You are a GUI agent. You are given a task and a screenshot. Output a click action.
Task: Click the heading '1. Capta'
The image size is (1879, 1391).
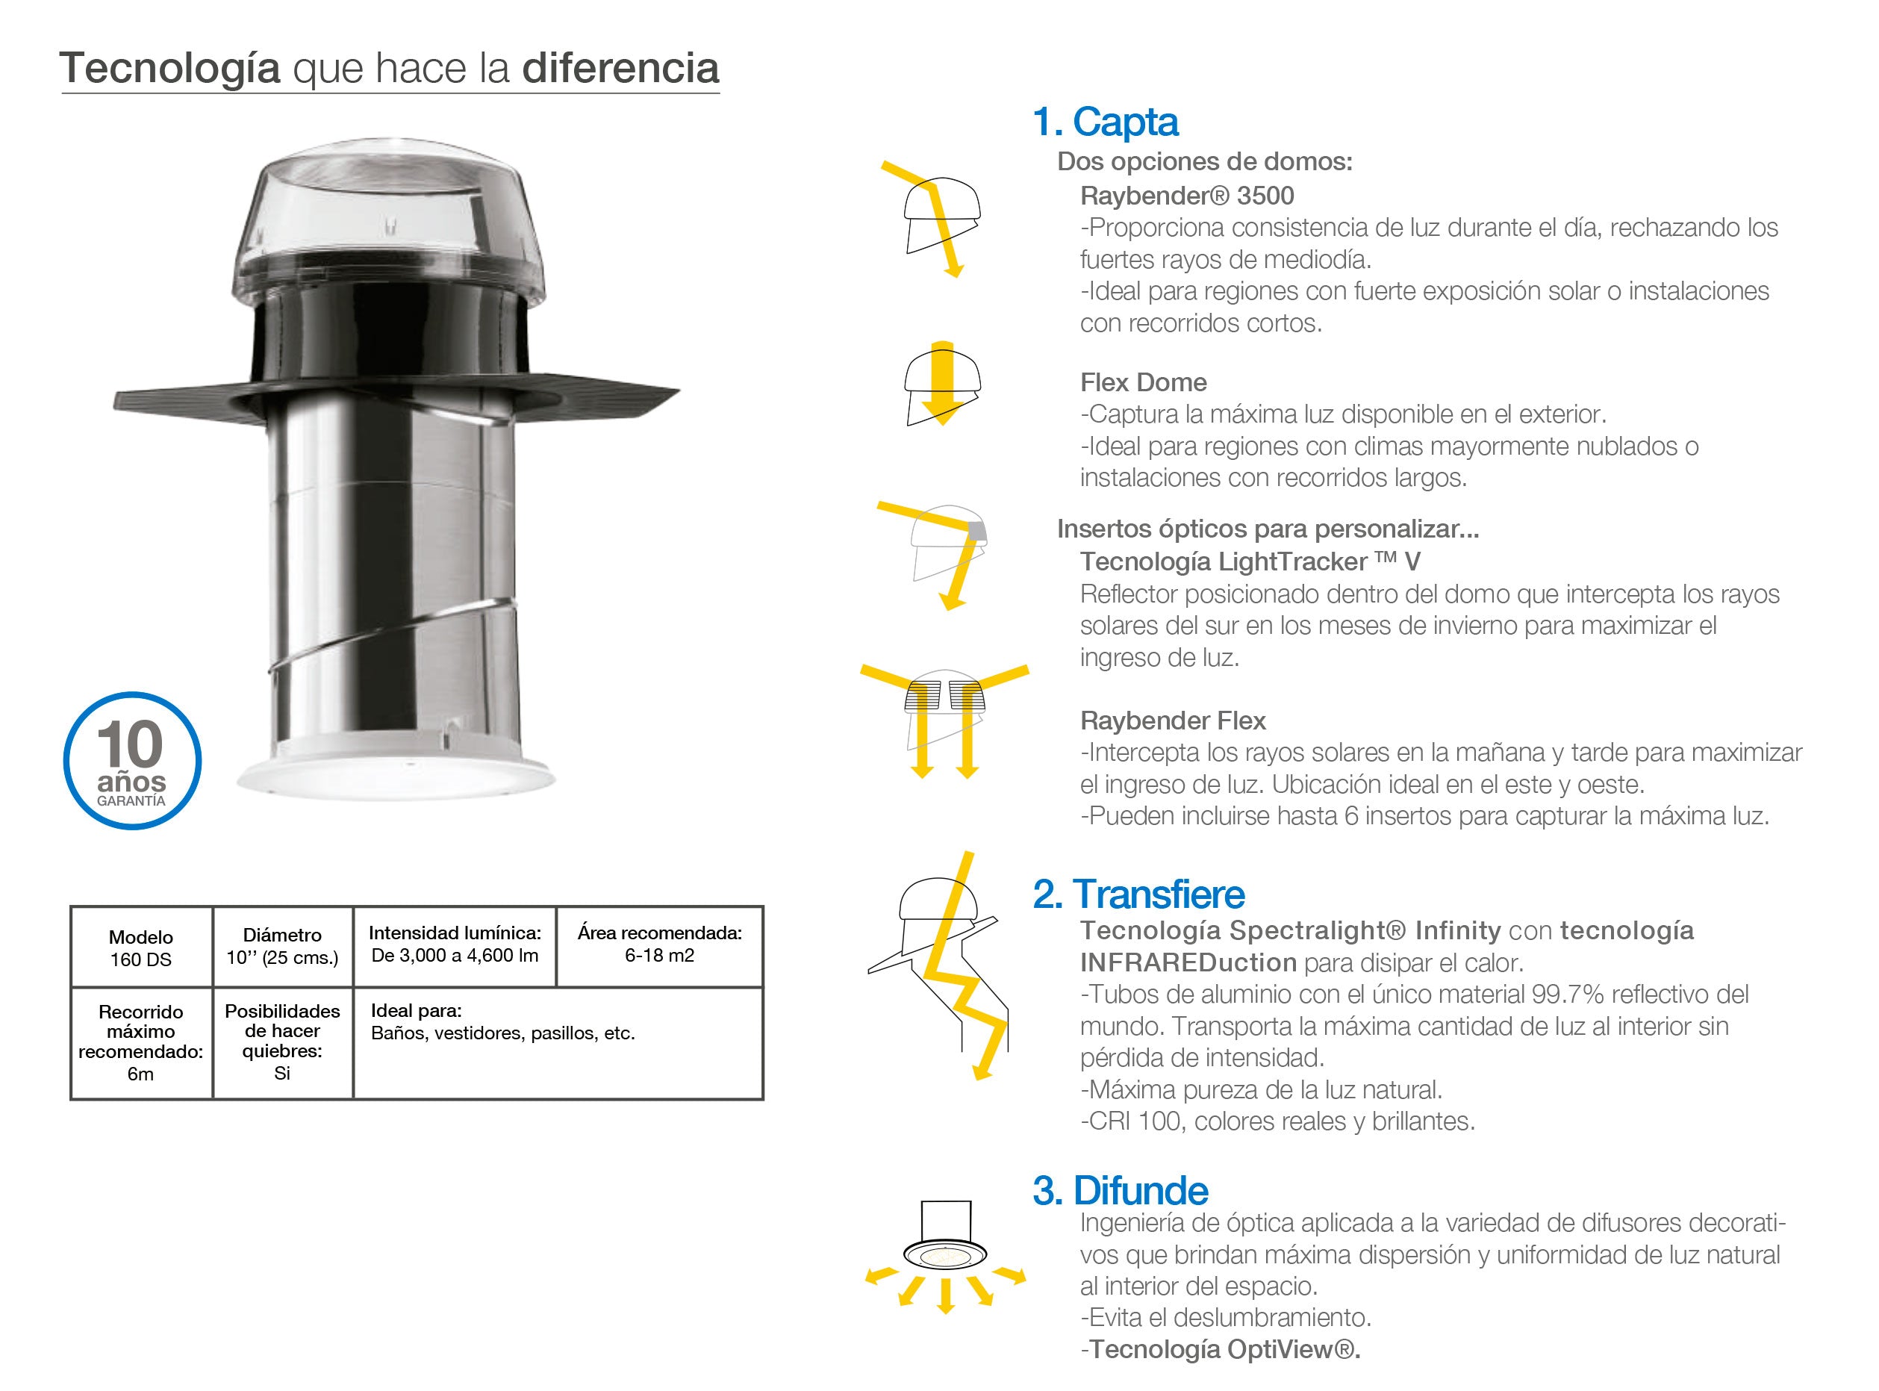[x=1106, y=122]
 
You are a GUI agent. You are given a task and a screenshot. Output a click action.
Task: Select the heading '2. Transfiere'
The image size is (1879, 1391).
[x=1138, y=894]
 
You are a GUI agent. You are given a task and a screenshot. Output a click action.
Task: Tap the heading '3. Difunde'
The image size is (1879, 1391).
[x=1121, y=1191]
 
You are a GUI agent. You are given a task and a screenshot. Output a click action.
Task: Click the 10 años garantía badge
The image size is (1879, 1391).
[x=132, y=760]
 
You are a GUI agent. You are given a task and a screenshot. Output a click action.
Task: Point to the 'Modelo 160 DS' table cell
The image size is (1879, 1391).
[x=141, y=947]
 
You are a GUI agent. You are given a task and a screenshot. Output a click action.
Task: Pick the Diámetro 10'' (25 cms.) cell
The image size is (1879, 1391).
[x=283, y=947]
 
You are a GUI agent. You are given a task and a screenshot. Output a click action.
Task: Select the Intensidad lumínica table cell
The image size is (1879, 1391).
[x=455, y=947]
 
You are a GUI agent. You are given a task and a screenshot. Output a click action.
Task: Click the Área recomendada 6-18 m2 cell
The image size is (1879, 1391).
[x=660, y=947]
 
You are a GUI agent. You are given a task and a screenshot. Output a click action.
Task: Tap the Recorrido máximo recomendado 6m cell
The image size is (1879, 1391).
[x=141, y=1042]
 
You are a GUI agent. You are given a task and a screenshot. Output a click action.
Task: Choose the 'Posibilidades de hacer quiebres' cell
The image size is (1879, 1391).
[x=283, y=1042]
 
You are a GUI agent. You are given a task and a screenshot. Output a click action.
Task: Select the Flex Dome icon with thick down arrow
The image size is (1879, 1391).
[x=943, y=383]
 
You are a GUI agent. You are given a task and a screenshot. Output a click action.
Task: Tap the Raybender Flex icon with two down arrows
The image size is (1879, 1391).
[x=944, y=721]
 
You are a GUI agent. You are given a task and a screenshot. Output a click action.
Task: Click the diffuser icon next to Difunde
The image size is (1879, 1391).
[x=945, y=1257]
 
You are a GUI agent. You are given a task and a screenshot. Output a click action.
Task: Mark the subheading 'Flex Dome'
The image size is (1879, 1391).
[x=1143, y=382]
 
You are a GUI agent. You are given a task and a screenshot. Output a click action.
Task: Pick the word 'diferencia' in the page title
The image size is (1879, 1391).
[x=620, y=68]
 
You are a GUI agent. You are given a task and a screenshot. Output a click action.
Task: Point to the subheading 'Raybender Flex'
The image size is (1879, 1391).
[x=1173, y=721]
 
